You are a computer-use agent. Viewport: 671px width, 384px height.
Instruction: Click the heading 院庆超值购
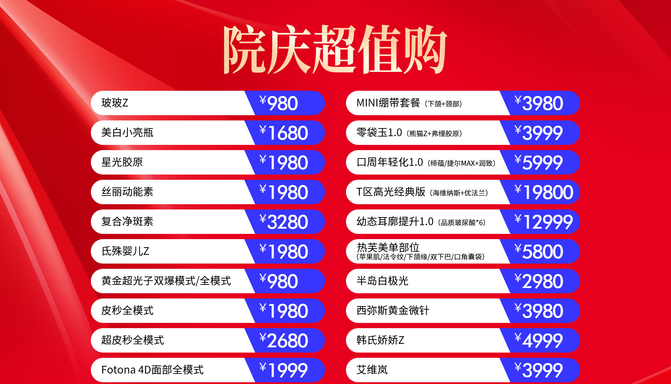(x=335, y=49)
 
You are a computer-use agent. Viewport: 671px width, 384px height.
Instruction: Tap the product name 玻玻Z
(x=115, y=103)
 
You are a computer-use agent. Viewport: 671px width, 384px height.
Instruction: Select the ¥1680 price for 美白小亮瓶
(x=283, y=133)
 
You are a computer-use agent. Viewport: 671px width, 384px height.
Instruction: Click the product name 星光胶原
(x=122, y=162)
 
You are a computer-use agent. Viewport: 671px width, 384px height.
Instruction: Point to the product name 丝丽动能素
(x=127, y=192)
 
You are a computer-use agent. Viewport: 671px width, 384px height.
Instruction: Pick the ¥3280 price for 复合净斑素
(x=283, y=222)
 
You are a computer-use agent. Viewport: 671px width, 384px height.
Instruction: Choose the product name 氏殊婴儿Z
(x=125, y=251)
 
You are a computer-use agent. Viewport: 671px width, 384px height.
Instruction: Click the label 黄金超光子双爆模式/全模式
(x=166, y=281)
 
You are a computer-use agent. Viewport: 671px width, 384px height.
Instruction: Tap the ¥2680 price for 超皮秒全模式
(x=283, y=340)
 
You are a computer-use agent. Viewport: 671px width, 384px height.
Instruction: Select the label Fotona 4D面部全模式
(x=152, y=370)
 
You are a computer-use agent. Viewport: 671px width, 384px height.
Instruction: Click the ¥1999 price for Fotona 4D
(x=283, y=370)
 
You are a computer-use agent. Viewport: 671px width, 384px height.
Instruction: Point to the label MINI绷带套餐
(x=388, y=103)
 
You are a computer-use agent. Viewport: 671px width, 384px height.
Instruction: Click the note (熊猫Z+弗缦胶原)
(x=434, y=134)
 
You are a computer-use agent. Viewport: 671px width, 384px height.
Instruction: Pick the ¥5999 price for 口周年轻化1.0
(x=539, y=162)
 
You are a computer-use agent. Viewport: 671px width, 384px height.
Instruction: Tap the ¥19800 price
(x=544, y=192)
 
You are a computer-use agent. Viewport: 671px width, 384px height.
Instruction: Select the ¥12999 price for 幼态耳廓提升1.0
(x=544, y=222)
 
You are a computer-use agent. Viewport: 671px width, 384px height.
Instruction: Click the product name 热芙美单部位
(x=388, y=248)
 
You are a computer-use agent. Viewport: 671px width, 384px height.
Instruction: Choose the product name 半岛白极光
(x=382, y=281)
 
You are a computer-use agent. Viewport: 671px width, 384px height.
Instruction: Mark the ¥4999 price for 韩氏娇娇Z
(x=539, y=340)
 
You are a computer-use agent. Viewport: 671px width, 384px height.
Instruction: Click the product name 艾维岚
(x=372, y=370)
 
